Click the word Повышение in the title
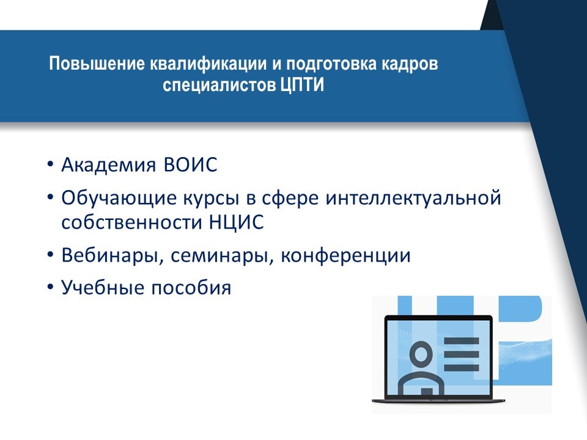(x=97, y=64)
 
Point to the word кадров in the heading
(x=410, y=64)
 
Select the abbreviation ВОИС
(x=190, y=164)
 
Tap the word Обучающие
(x=119, y=198)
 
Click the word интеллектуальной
(x=413, y=198)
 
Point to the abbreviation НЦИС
(x=236, y=222)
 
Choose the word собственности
(x=132, y=222)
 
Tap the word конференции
(x=345, y=256)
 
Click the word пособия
(x=191, y=288)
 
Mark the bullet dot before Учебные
(x=51, y=287)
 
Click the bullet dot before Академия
(x=51, y=164)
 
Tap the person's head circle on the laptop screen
(x=420, y=353)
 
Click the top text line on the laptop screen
(x=461, y=341)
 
